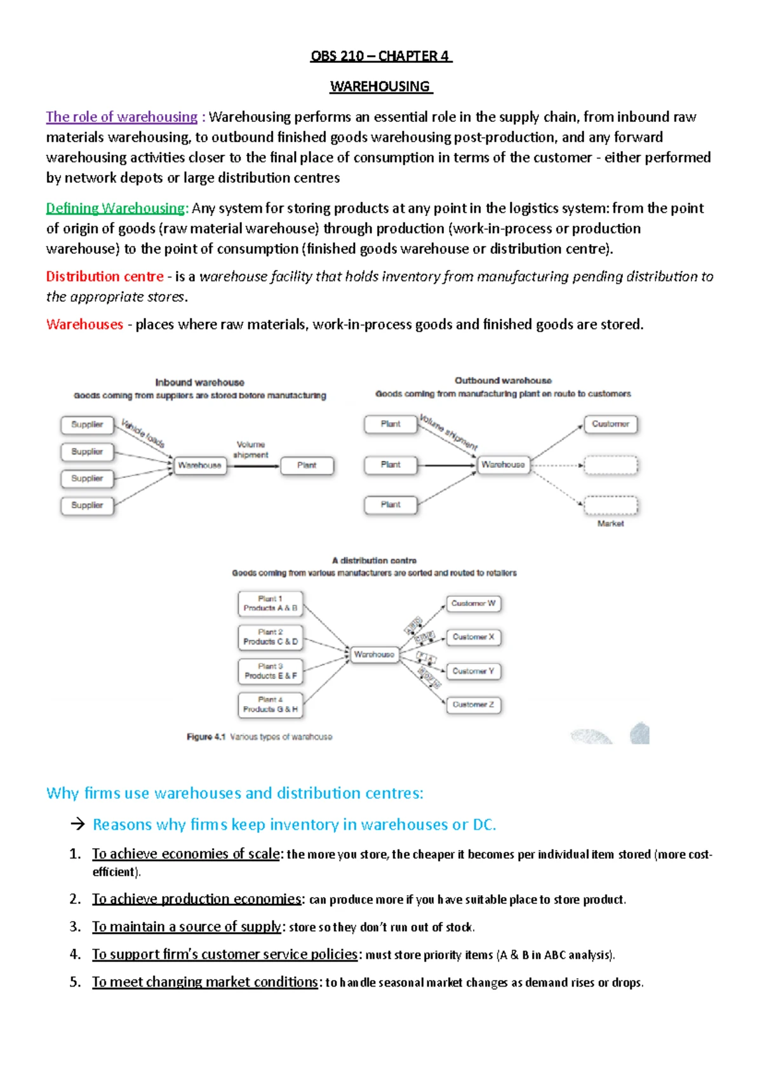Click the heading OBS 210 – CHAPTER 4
tap(380, 56)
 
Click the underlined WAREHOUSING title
tap(380, 86)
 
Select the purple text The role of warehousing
tap(121, 117)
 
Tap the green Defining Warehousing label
tap(116, 208)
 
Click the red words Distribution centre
tap(105, 277)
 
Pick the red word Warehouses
tap(84, 324)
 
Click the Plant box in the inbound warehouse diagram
tap(307, 465)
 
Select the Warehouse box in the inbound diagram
tap(200, 465)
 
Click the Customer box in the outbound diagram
tap(610, 424)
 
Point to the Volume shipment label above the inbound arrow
tap(251, 449)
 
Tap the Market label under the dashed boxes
tap(610, 524)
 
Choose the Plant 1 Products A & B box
tap(271, 604)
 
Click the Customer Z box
tap(473, 705)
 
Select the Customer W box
tap(473, 603)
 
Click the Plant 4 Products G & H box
tap(271, 705)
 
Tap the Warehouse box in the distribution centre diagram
tap(374, 654)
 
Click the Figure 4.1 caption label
tap(206, 737)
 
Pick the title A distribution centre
tap(374, 561)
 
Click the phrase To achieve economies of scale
tap(186, 854)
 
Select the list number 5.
tap(75, 982)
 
